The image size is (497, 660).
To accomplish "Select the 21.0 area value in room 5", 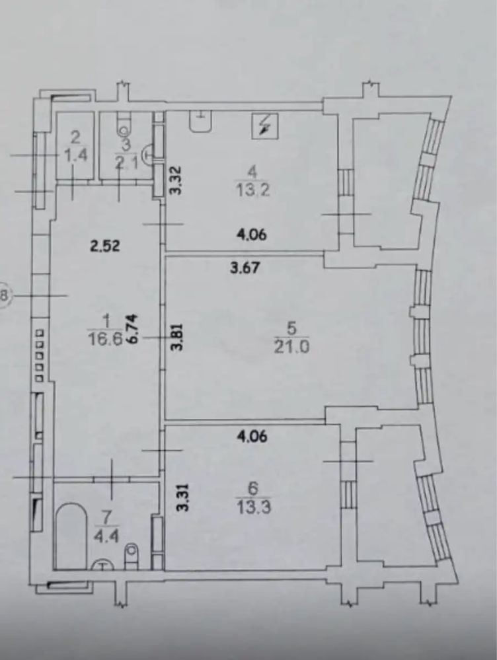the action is [x=292, y=348].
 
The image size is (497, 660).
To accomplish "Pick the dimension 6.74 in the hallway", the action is [x=134, y=332].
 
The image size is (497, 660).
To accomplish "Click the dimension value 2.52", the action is [x=105, y=245].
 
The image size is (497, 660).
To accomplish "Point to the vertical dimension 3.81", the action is [x=178, y=337].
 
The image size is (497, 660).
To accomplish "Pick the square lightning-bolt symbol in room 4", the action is [x=265, y=126].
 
